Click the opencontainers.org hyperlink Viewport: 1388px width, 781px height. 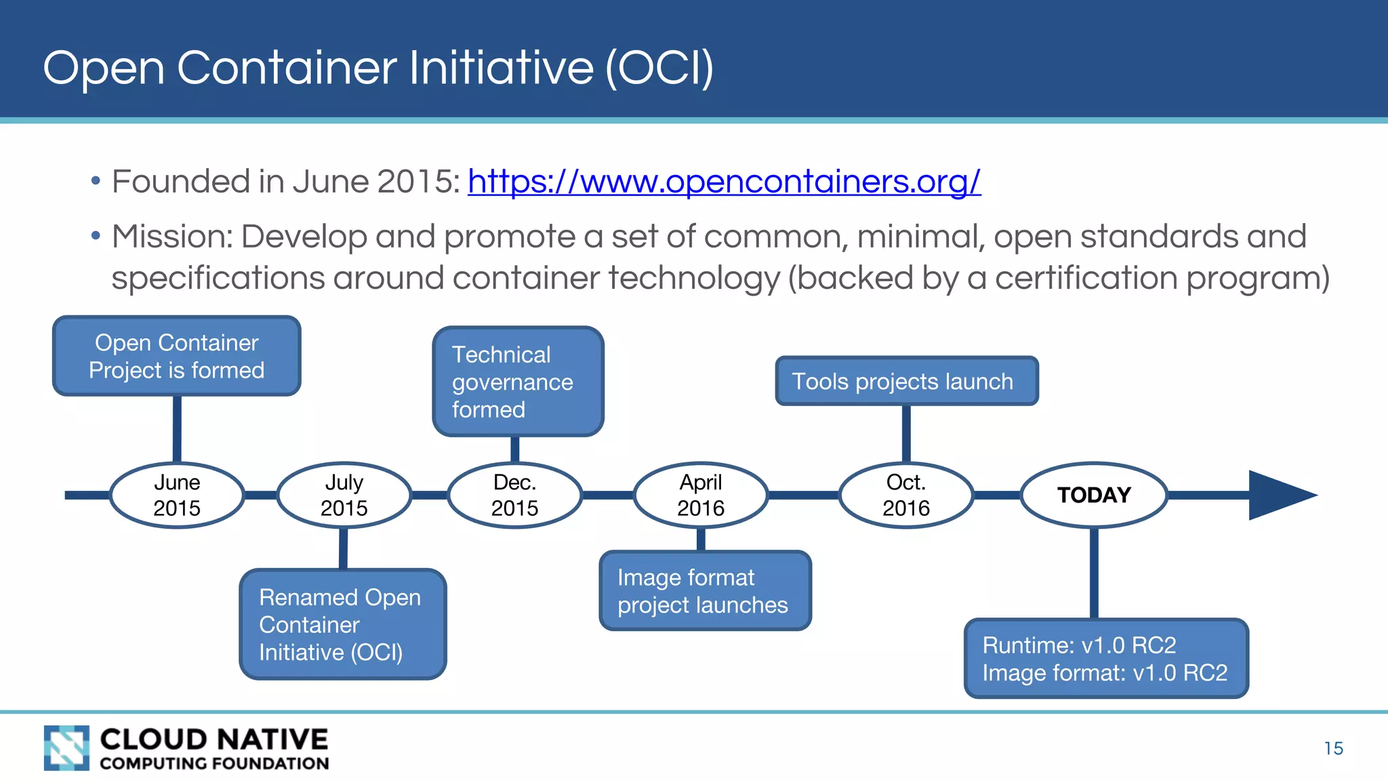[x=724, y=182]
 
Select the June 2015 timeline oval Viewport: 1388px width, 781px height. [x=177, y=496]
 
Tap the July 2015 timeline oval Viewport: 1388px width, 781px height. [x=344, y=496]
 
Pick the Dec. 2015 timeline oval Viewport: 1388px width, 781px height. [x=515, y=496]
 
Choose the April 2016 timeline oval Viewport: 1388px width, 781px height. [x=701, y=496]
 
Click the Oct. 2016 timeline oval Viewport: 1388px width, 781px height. [x=906, y=496]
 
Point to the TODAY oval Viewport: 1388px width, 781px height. [x=1094, y=496]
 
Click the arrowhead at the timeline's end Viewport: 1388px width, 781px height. [x=1278, y=496]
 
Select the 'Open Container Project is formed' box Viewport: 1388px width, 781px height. [x=177, y=356]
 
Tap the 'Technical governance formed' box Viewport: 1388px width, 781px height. [x=518, y=382]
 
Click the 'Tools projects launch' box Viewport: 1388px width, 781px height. [x=906, y=381]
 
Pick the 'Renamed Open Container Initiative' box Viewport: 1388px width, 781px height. [x=343, y=624]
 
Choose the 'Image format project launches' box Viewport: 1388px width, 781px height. [x=705, y=590]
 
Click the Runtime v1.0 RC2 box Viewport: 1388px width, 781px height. [x=1106, y=658]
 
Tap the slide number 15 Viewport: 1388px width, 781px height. [x=1333, y=748]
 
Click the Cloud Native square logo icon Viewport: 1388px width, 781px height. [x=66, y=748]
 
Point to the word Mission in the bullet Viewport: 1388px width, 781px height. [x=172, y=237]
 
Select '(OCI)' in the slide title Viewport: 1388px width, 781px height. [x=659, y=68]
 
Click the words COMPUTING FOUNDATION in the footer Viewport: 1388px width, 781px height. [x=214, y=763]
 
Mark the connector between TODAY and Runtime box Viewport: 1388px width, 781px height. [x=1094, y=573]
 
